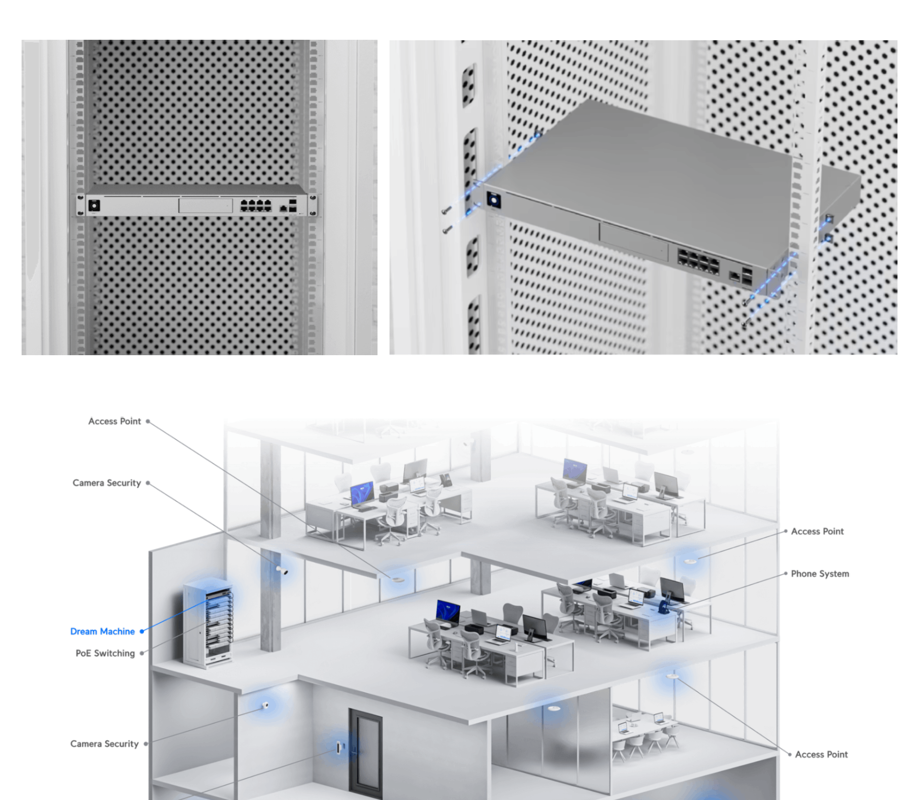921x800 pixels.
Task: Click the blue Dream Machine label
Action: [x=102, y=631]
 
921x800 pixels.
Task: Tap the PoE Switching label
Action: [x=105, y=653]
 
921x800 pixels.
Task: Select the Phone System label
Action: [x=819, y=574]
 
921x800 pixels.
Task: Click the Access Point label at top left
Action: [x=115, y=421]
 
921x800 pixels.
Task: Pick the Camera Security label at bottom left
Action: [x=104, y=744]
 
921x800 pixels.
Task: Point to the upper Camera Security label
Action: [x=106, y=483]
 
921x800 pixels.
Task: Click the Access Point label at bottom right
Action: [x=821, y=754]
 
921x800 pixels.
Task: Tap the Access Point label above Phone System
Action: [x=817, y=531]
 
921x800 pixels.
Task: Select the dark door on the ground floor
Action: [x=366, y=752]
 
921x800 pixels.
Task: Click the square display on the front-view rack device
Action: [x=94, y=205]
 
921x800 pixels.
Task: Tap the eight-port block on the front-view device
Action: [x=256, y=206]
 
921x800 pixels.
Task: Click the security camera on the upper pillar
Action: [x=282, y=570]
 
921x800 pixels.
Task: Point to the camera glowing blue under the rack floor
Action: [x=265, y=706]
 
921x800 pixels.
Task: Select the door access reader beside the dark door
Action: [x=340, y=747]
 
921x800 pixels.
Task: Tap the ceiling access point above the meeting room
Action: [x=672, y=676]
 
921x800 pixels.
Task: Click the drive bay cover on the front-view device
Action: [x=205, y=206]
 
